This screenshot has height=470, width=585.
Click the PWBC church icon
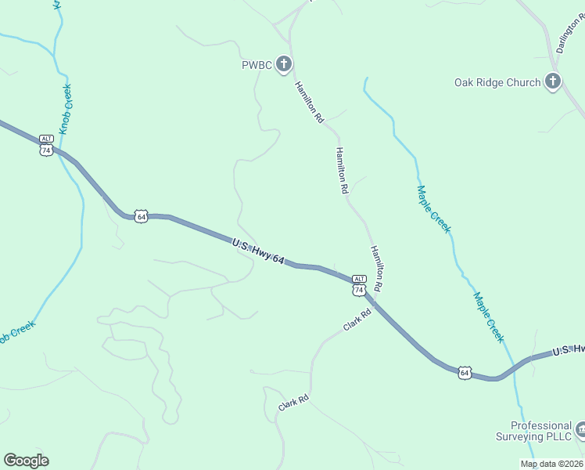click(x=284, y=64)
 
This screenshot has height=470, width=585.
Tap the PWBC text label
click(x=256, y=65)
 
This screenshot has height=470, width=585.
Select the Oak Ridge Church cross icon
click(x=553, y=81)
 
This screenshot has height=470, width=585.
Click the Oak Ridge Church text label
click(x=497, y=82)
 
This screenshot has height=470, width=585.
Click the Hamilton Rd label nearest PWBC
click(x=309, y=103)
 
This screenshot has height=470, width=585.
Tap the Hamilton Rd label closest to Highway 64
click(x=376, y=269)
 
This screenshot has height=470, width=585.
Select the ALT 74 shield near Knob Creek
click(x=46, y=145)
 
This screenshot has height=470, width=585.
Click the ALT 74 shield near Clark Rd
click(x=359, y=285)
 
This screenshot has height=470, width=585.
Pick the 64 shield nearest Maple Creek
click(x=465, y=372)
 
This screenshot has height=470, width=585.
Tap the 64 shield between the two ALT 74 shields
click(x=141, y=215)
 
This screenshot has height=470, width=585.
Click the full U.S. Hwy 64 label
click(x=257, y=251)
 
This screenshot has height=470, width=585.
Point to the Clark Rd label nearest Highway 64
click(x=356, y=319)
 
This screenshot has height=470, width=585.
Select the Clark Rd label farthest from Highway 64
click(x=294, y=403)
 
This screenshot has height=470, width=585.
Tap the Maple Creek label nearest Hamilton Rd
click(x=433, y=208)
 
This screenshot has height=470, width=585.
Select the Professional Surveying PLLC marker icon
click(x=581, y=429)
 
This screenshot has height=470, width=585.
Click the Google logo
click(x=26, y=461)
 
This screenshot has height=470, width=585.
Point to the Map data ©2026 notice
click(x=551, y=464)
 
